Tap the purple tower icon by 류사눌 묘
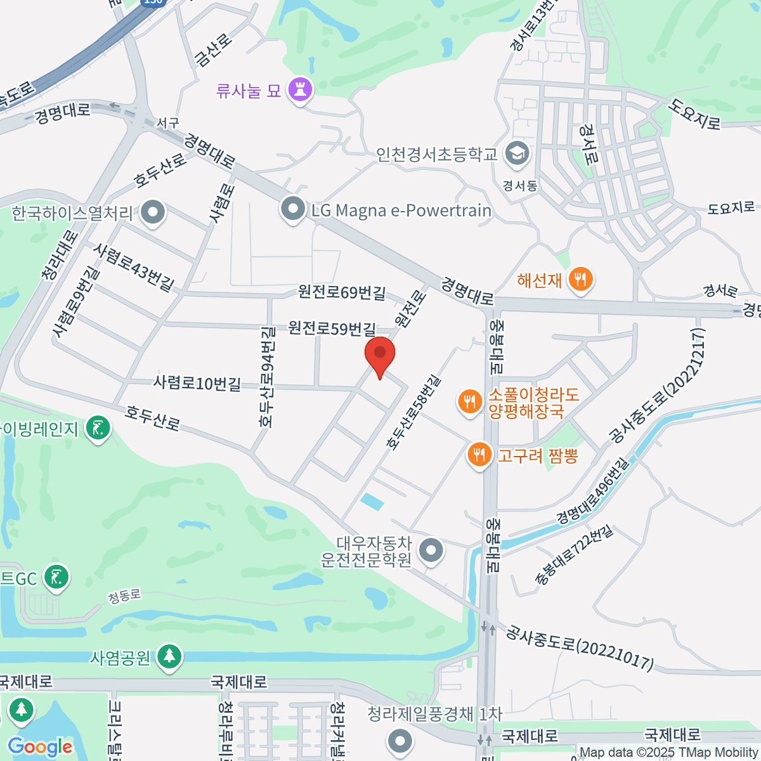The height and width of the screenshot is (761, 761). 300,89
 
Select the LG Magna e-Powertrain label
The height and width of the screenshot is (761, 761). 401,211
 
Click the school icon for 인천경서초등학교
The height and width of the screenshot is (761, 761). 517,153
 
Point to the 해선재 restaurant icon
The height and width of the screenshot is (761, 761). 580,279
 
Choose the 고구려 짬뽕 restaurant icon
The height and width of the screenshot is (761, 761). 479,455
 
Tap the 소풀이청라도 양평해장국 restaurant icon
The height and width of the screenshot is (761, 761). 469,402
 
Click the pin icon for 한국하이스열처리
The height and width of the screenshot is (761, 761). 152,213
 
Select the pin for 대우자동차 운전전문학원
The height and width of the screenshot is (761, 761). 432,550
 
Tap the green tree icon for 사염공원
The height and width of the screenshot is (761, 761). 169,657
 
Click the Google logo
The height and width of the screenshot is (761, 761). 40,747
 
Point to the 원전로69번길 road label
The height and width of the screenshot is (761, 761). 342,292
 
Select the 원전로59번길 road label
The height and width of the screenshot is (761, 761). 332,328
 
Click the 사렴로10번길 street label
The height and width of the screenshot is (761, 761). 197,382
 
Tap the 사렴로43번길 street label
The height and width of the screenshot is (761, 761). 134,267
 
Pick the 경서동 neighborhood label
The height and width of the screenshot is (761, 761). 519,186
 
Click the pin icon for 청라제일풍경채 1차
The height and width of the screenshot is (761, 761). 400,739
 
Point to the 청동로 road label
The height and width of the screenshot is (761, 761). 124,596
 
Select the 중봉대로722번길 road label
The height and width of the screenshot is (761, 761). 574,555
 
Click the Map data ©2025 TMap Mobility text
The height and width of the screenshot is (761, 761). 668,753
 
